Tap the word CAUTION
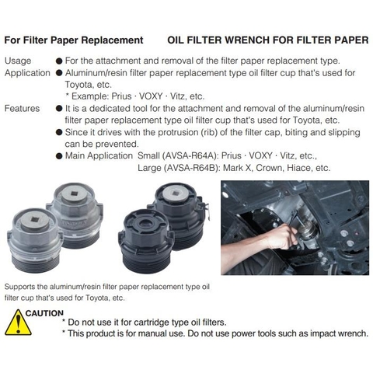[44, 313]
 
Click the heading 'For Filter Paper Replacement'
[74, 40]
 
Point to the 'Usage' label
[18, 61]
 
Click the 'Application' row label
[27, 73]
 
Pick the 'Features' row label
[22, 108]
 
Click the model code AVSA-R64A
[190, 155]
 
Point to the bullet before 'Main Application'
[59, 156]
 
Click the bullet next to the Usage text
[59, 61]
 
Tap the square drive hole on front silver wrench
[34, 220]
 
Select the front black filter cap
[146, 241]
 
